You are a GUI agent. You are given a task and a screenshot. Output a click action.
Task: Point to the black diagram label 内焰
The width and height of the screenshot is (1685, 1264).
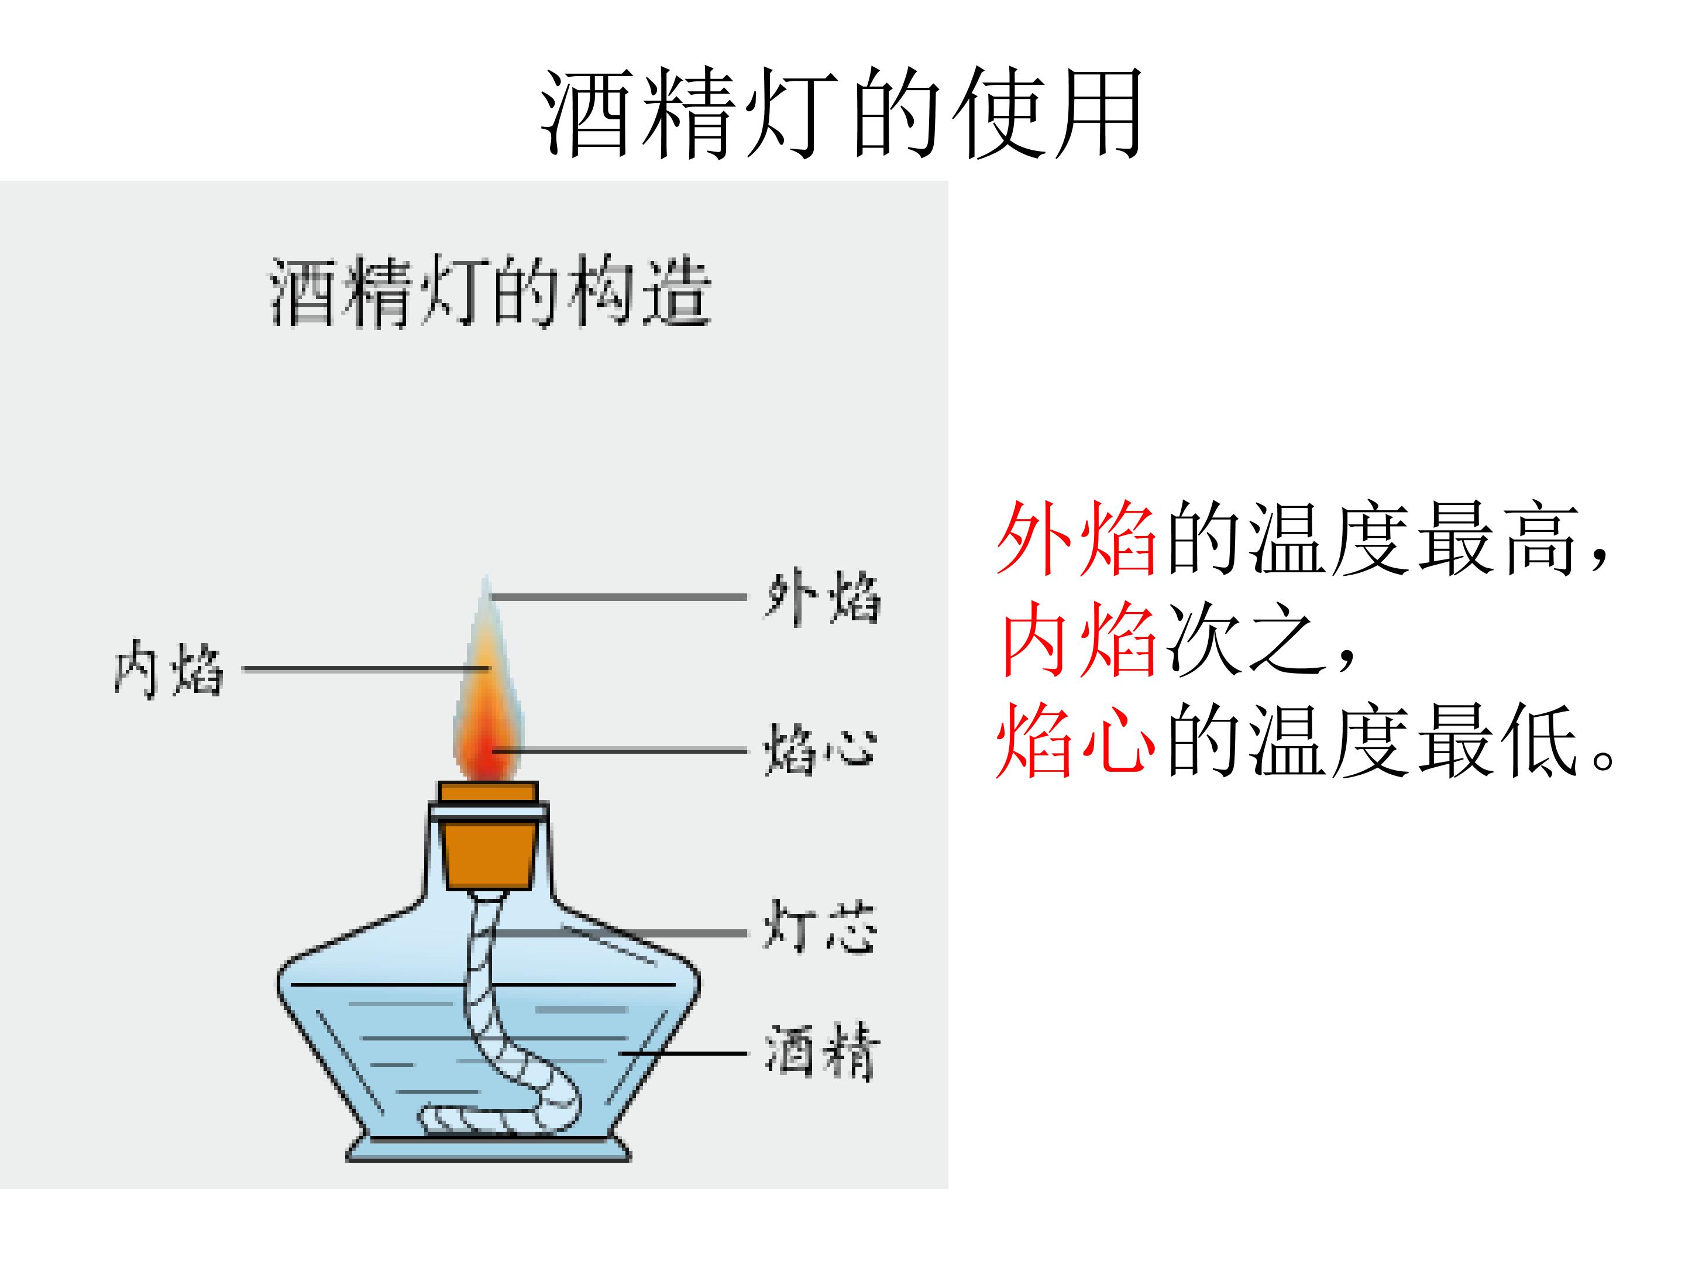168,669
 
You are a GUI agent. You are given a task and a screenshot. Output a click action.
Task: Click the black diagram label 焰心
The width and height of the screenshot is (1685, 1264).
820,750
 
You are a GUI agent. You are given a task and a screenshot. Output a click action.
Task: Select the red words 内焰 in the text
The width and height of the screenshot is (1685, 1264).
1077,639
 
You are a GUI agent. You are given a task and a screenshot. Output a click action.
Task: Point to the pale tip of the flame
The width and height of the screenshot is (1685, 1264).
485,598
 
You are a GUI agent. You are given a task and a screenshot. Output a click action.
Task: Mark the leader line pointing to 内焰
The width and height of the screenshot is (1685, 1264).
366,669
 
